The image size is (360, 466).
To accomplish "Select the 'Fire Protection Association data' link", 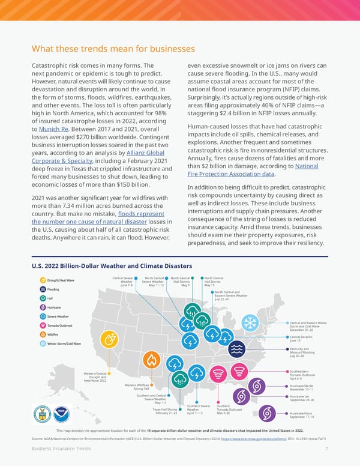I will tap(231, 174).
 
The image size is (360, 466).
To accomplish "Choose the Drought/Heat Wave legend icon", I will tap(43, 280).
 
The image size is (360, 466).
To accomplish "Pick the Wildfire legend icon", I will tap(43, 334).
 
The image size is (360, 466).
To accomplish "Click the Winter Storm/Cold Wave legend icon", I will tap(43, 343).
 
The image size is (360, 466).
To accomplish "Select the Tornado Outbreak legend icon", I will tap(43, 325).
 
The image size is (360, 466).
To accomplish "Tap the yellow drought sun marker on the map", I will tap(109, 339).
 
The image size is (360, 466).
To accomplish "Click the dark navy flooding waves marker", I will tap(237, 349).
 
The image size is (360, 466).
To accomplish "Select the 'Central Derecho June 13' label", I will tap(300, 339).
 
